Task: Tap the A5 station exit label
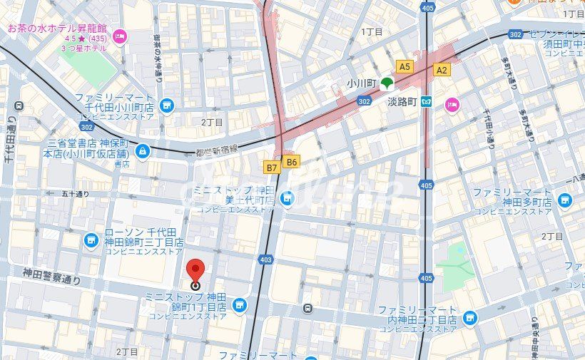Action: [405, 66]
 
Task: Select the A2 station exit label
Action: [442, 69]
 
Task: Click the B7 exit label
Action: [271, 168]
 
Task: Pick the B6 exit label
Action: [291, 162]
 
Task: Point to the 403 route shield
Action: [266, 260]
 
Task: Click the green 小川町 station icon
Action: [387, 83]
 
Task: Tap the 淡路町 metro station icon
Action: [427, 101]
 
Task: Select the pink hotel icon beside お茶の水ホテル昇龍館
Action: [119, 36]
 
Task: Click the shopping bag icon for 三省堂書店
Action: [143, 150]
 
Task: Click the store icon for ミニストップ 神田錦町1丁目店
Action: [239, 304]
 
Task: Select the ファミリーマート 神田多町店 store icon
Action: [565, 201]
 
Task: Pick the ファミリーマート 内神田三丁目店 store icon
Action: [469, 317]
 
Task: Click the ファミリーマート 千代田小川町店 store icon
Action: [167, 106]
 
